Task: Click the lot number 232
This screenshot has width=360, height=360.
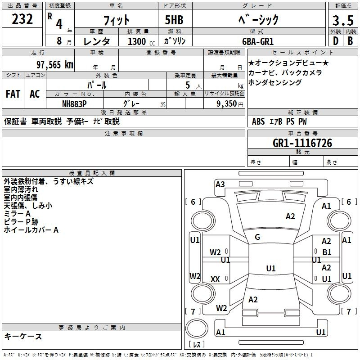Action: click(x=22, y=19)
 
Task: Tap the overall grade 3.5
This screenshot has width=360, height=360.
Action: click(x=343, y=20)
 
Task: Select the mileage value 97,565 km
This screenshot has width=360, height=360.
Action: click(x=54, y=65)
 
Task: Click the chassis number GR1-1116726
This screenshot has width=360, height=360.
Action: click(x=302, y=143)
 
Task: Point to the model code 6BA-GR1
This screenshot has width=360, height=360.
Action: click(x=258, y=41)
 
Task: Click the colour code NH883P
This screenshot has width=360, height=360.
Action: click(x=74, y=104)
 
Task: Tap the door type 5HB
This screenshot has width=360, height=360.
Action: click(x=174, y=20)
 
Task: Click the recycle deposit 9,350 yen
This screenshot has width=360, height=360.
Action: click(x=230, y=104)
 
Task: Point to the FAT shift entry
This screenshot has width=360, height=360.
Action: click(x=13, y=94)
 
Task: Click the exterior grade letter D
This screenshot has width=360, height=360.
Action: click(x=336, y=41)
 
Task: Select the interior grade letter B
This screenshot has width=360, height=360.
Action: click(x=350, y=41)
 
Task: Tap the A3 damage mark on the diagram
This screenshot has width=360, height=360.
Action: click(x=220, y=184)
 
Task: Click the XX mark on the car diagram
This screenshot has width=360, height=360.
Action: click(x=215, y=279)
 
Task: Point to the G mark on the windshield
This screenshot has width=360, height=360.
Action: click(x=257, y=237)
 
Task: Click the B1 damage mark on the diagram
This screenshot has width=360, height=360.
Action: click(x=327, y=252)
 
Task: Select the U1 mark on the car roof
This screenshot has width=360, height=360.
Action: click(x=271, y=268)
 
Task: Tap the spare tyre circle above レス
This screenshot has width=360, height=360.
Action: click(x=197, y=328)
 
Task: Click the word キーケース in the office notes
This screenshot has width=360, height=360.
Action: click(x=23, y=336)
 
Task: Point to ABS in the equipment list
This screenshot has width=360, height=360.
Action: click(x=258, y=121)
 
